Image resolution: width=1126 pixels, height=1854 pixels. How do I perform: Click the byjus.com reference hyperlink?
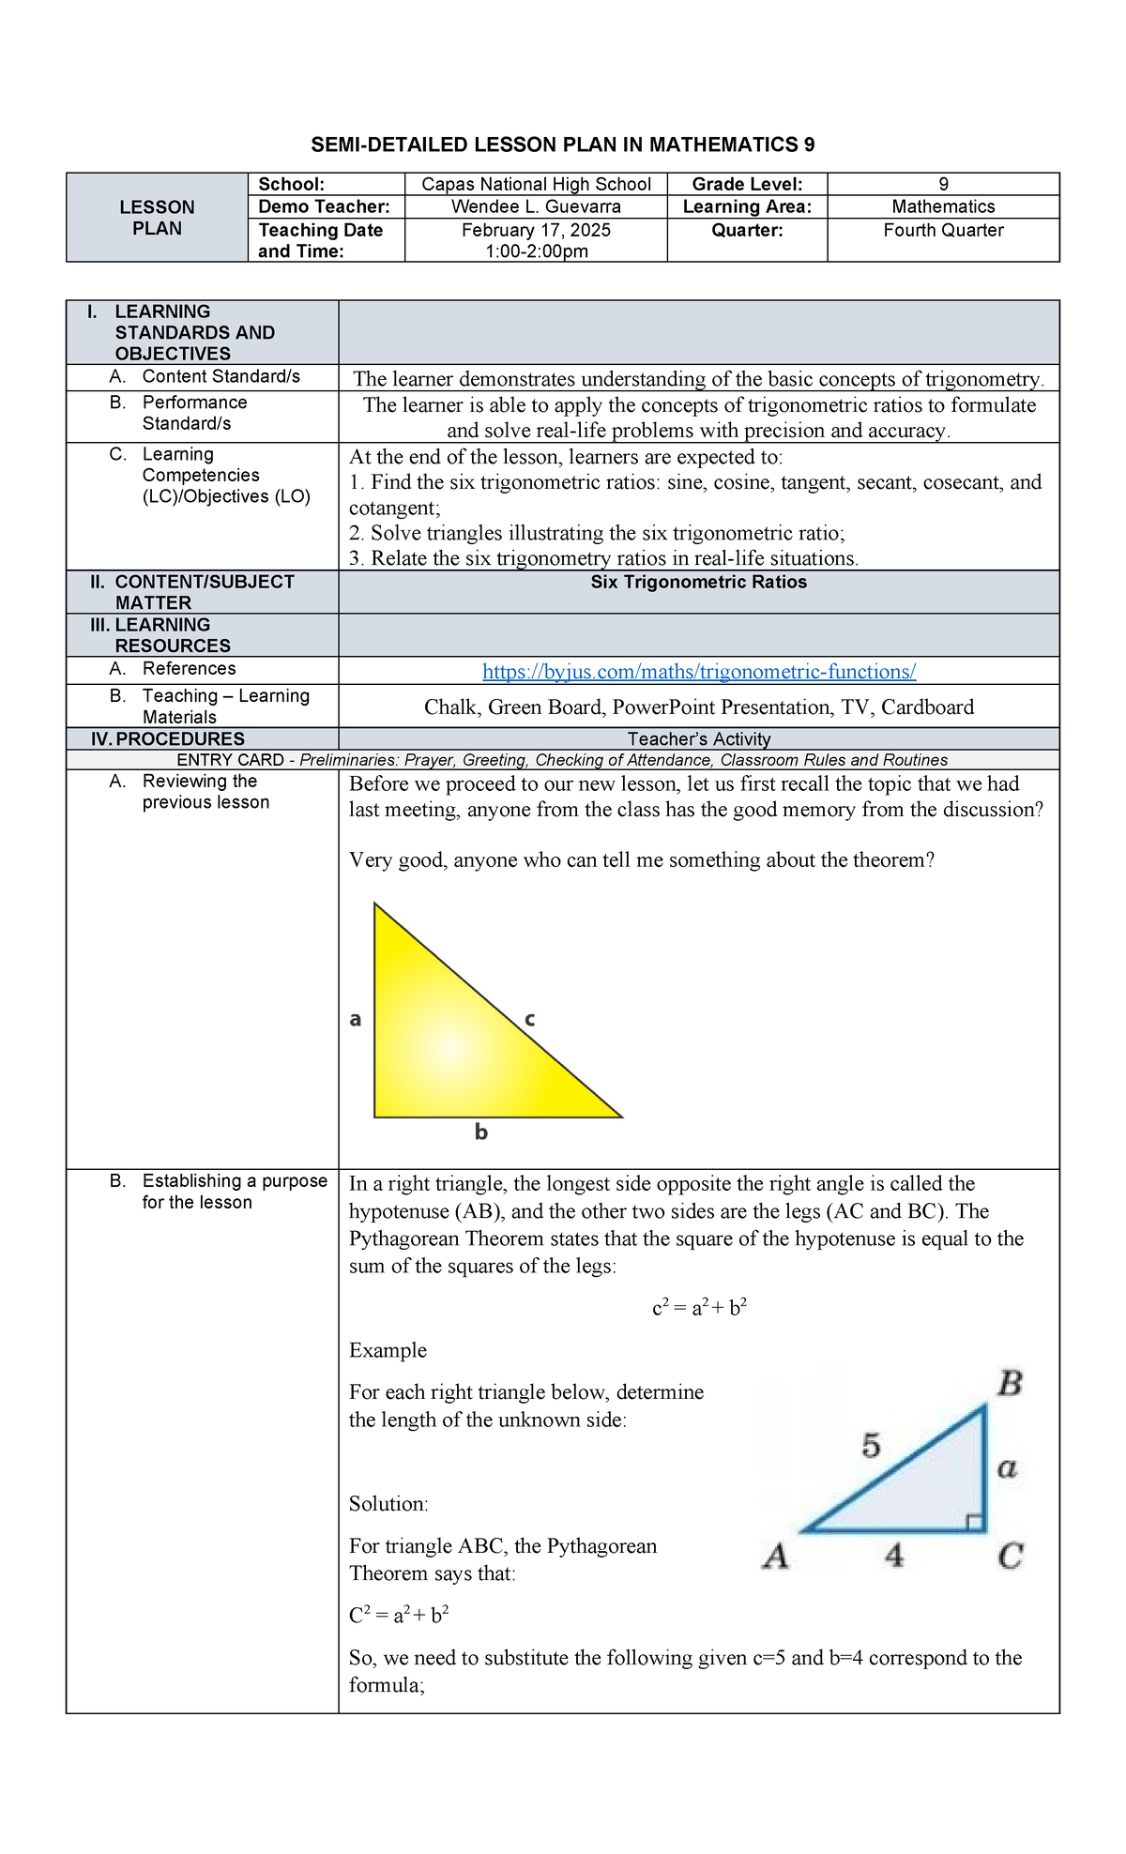point(698,672)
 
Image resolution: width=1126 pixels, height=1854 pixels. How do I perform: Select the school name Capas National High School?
point(536,184)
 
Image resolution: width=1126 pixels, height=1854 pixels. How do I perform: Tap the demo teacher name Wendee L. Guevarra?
point(536,206)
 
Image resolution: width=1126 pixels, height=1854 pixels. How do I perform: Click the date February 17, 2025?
point(536,230)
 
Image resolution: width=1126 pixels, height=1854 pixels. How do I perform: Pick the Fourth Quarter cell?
point(943,230)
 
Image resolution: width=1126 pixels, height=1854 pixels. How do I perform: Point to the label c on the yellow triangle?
point(529,1019)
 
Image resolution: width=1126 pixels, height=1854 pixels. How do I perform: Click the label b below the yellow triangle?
point(480,1132)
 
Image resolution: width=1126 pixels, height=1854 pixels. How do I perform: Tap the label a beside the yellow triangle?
point(356,1019)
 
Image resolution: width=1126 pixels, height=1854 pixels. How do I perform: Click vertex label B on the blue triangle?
point(1010,1384)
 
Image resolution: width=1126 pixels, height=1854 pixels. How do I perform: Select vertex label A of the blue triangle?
point(775,1557)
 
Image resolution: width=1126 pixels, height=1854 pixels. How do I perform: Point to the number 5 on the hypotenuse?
point(871,1446)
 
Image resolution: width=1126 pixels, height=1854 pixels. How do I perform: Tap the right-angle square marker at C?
point(975,1522)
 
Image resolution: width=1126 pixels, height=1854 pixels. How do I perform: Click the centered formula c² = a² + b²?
point(699,1308)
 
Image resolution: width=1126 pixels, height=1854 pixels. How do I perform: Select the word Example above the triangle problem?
point(388,1350)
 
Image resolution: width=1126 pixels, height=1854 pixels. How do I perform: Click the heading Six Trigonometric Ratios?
point(698,583)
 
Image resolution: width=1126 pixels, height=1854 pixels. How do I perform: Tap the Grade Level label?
point(747,184)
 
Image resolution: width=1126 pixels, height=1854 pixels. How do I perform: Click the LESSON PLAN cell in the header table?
point(157,218)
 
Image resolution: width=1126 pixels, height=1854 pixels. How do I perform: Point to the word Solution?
point(388,1504)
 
